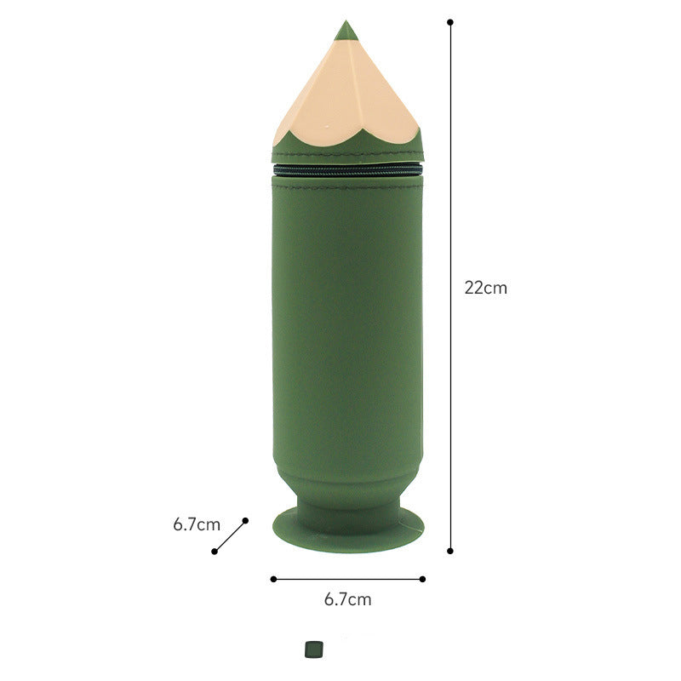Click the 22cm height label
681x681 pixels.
485,288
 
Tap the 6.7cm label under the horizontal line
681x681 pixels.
348,599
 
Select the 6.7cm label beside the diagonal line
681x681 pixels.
197,524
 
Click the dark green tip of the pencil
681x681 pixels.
346,31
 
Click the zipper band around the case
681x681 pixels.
347,169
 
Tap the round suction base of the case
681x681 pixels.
348,529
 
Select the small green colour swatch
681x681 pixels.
314,650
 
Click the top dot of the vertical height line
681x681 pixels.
450,22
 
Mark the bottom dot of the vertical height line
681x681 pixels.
450,551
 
